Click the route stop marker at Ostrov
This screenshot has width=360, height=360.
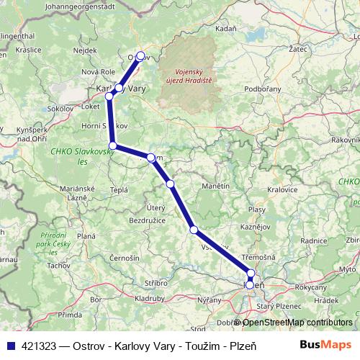(140, 55)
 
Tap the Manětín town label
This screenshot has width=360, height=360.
(215, 186)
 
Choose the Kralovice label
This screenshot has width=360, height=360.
(282, 190)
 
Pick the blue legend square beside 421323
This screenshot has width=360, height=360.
(8, 344)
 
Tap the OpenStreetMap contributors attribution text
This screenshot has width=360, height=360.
(297, 322)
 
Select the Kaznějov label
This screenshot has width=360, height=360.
(256, 226)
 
